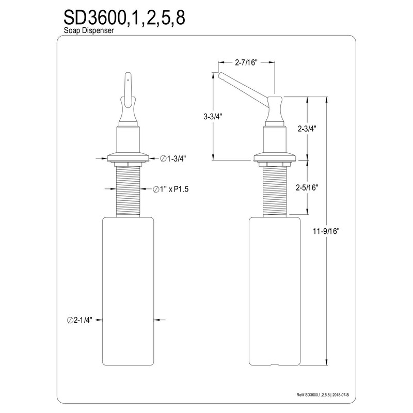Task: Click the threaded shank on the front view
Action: tap(128, 191)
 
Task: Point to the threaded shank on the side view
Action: tap(274, 191)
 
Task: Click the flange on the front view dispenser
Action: tap(128, 156)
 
